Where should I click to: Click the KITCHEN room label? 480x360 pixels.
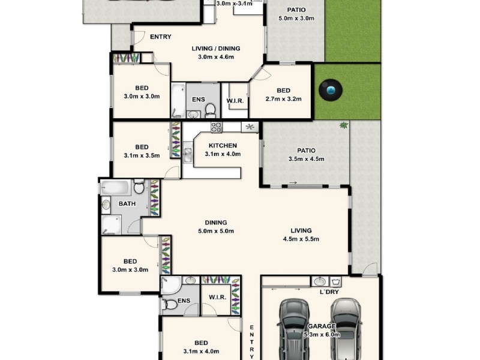(x=223, y=145)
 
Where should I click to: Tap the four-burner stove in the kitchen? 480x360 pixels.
(x=216, y=127)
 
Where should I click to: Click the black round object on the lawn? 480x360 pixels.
(x=331, y=92)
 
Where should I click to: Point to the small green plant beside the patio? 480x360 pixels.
(x=343, y=125)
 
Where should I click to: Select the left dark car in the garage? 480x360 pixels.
(x=294, y=329)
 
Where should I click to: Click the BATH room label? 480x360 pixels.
(x=127, y=203)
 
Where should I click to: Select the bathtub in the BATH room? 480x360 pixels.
(x=115, y=187)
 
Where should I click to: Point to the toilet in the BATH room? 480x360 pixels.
(x=139, y=188)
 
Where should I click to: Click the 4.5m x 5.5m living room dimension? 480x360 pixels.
(x=301, y=239)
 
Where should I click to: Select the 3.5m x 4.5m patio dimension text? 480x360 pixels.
(x=305, y=159)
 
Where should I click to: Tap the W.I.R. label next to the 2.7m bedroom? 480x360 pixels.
(x=235, y=101)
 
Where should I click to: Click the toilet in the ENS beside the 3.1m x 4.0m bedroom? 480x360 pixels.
(x=171, y=304)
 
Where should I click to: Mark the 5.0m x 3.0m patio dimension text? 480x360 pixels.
(x=296, y=18)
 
